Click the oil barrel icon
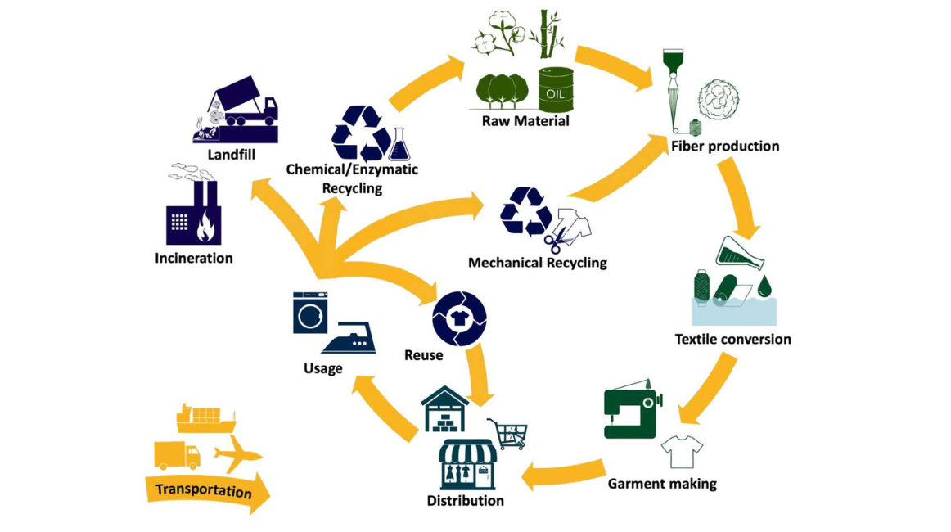(556, 90)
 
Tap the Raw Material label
(525, 121)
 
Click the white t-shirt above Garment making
(682, 451)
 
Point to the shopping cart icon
(507, 433)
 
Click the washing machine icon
(310, 313)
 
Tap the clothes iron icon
(349, 337)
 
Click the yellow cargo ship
(205, 418)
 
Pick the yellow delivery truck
(177, 455)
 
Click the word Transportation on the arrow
(203, 490)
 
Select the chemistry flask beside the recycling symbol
(399, 146)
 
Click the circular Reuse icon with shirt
(459, 319)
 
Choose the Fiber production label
(724, 147)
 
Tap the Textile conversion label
(732, 339)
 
